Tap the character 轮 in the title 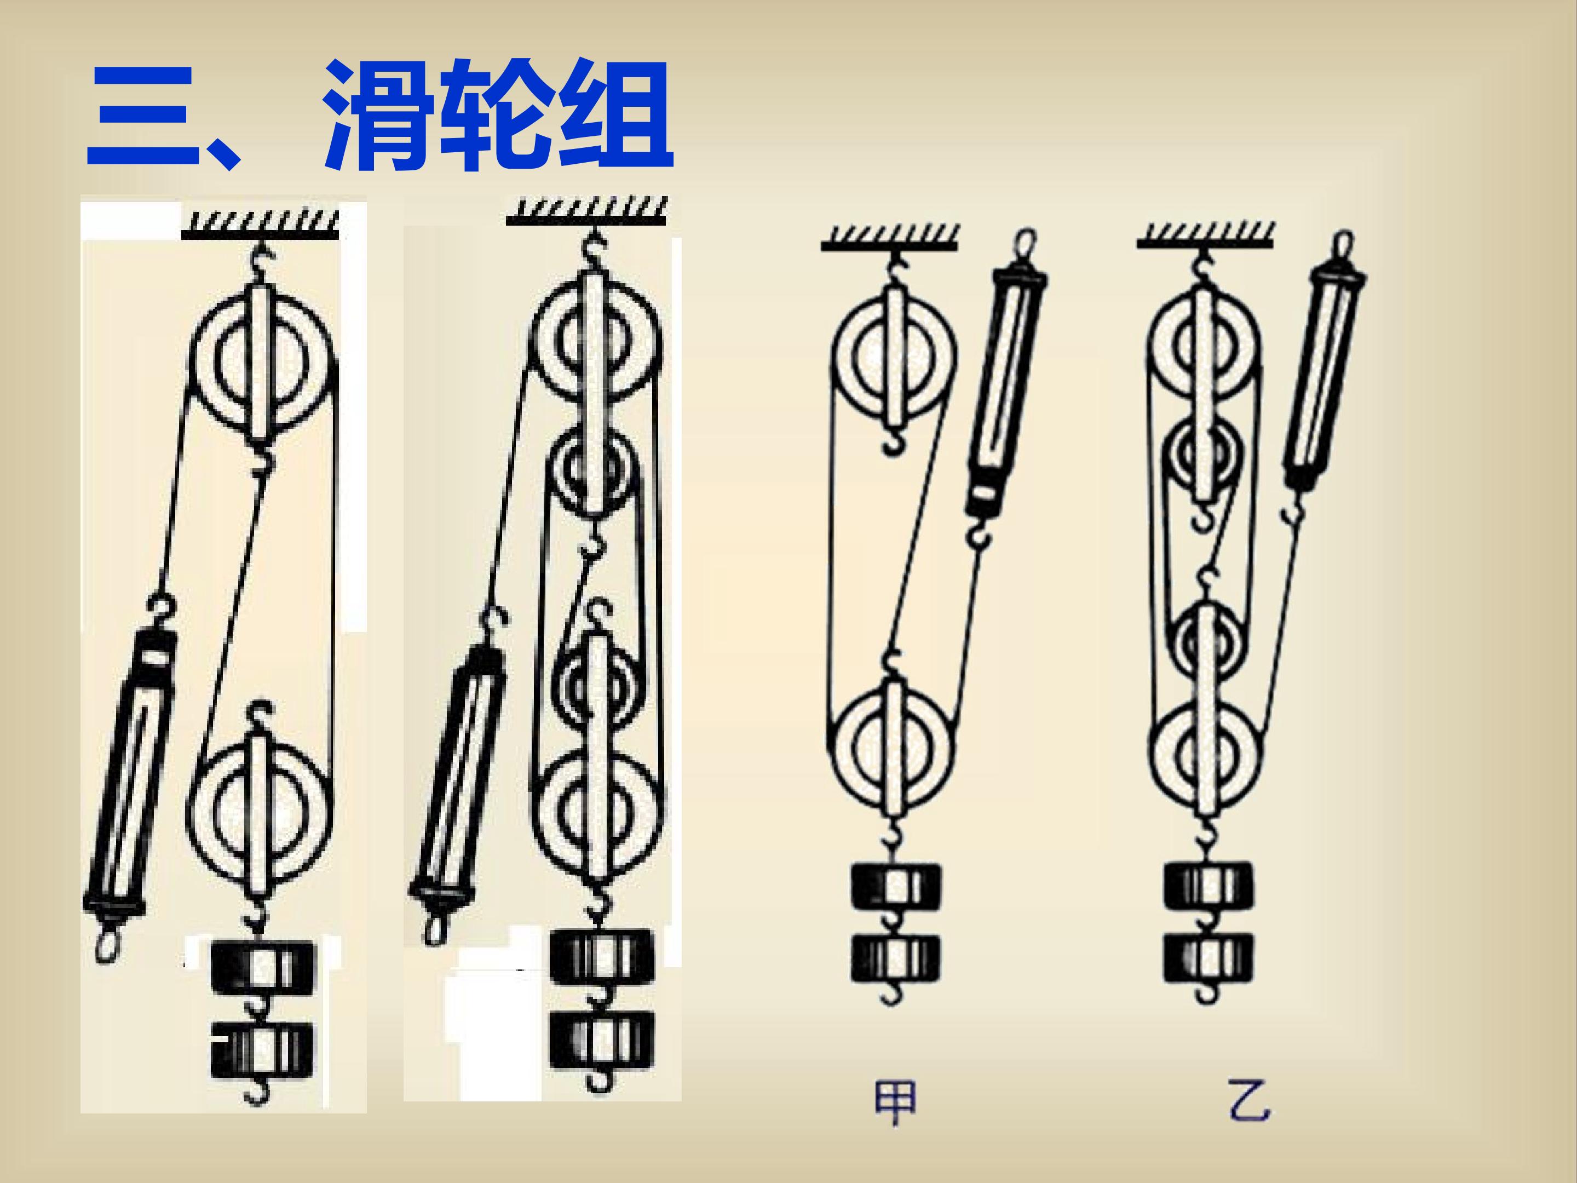[x=493, y=114]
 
